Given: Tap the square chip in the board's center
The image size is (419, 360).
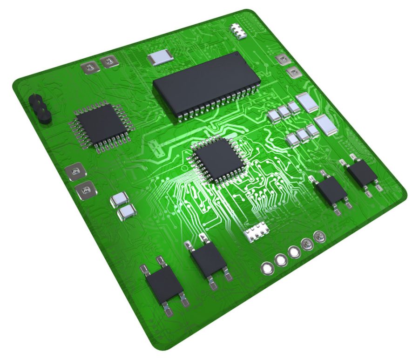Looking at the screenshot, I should coord(217,159).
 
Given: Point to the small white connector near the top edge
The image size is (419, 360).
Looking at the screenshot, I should coord(239,31).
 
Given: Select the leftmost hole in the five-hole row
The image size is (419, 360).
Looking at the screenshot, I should coord(267,268).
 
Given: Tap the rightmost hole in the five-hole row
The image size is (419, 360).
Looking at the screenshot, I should coord(319,237).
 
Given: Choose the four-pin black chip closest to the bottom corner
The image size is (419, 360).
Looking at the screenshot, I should coord(165,285).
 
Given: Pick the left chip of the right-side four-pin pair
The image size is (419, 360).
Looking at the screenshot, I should coord(330,190).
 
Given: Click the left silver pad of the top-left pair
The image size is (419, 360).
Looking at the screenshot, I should coord(89,68).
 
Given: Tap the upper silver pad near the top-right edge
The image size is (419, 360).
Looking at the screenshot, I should coord(282,59).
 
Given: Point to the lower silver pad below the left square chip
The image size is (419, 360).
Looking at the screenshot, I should coord(85,190).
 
